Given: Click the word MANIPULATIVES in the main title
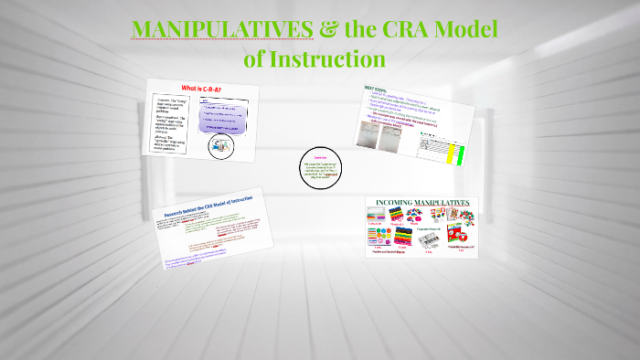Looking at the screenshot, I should (221, 29).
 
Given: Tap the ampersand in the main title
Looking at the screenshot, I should (327, 29).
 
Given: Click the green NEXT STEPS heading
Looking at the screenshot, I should (377, 89).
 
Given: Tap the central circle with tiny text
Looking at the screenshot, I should (321, 169).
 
